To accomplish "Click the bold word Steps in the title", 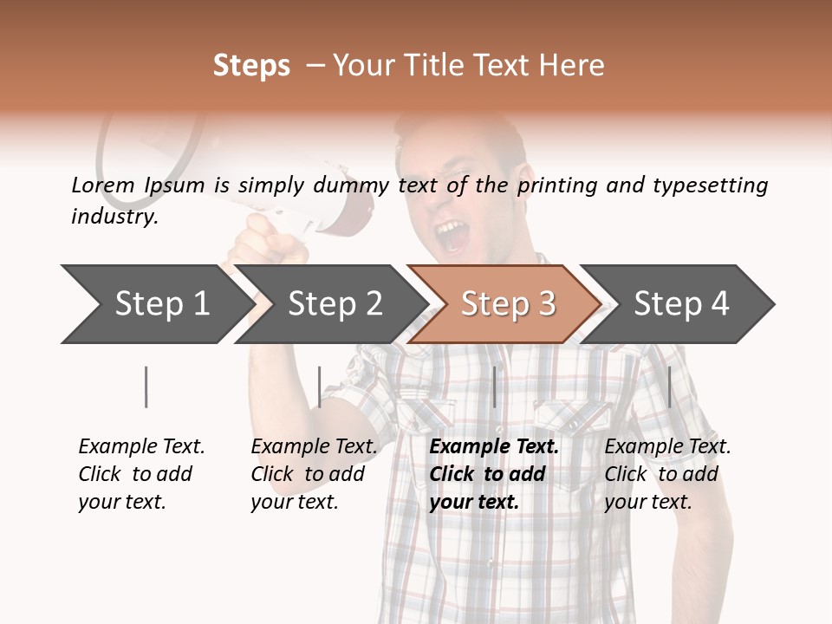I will click(x=251, y=66).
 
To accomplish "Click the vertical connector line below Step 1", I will click(x=146, y=387).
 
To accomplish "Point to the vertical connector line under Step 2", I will click(x=320, y=387).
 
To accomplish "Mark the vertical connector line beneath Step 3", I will click(x=494, y=387).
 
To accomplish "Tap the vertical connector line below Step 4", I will click(x=669, y=387).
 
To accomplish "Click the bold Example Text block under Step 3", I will click(x=494, y=474).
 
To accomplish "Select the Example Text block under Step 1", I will click(x=141, y=474).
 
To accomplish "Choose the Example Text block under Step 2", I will click(x=314, y=474).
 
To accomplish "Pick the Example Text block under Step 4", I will click(x=667, y=474).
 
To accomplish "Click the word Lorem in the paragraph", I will click(x=103, y=185).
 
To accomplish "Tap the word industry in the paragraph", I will click(x=114, y=217).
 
